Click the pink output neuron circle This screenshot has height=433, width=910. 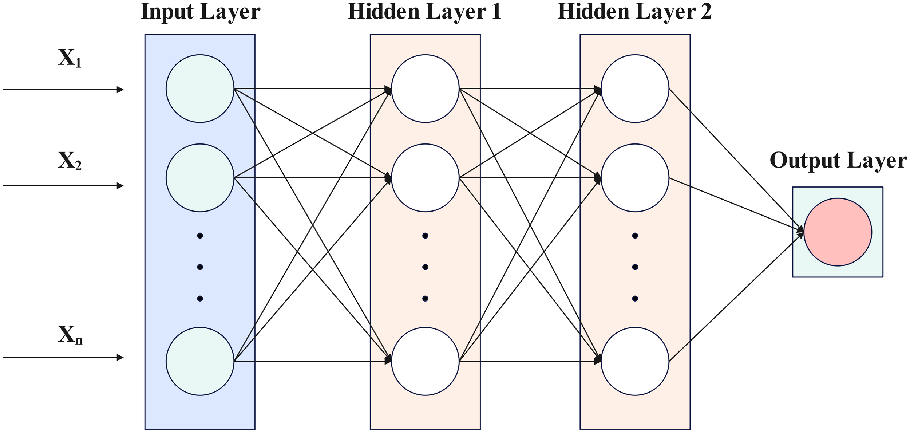point(838,232)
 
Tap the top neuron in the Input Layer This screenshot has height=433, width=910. point(200,88)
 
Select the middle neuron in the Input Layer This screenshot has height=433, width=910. point(200,178)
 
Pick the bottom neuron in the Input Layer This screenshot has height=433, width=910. point(200,361)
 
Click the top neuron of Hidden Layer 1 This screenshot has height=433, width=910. point(425,88)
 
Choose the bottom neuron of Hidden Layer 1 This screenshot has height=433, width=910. point(425,361)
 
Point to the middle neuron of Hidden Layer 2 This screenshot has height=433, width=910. point(635,178)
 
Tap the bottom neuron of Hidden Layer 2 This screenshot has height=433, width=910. point(635,361)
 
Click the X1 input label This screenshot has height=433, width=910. point(70,59)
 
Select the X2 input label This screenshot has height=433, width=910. point(70,161)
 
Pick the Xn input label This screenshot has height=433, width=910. point(70,335)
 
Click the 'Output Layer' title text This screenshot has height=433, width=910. point(838,161)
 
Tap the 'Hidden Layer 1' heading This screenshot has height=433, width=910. point(424,12)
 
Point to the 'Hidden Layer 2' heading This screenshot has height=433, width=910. point(634,12)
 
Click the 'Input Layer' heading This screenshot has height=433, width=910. point(201,12)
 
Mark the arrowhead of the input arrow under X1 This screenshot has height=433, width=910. point(120,90)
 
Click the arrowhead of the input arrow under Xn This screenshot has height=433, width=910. point(120,358)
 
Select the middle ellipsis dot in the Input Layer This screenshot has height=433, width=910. point(200,267)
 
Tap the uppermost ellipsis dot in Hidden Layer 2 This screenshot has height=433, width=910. point(635,236)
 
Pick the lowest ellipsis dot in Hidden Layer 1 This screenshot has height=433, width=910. point(425,299)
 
